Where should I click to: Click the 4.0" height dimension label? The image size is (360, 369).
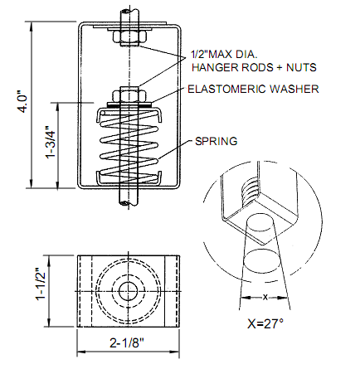[x=23, y=104]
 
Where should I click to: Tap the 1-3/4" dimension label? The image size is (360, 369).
[x=51, y=143]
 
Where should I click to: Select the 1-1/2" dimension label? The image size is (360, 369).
[x=41, y=284]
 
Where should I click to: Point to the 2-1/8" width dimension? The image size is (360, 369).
[x=127, y=343]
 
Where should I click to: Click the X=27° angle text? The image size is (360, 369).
[x=265, y=323]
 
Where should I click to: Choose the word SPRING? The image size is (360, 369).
[x=216, y=141]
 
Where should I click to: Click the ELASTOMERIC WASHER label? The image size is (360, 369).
[x=253, y=89]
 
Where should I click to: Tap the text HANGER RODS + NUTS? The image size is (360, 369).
[x=254, y=67]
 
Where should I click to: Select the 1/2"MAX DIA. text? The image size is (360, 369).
[x=224, y=54]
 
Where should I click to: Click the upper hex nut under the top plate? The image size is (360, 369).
[x=129, y=38]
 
